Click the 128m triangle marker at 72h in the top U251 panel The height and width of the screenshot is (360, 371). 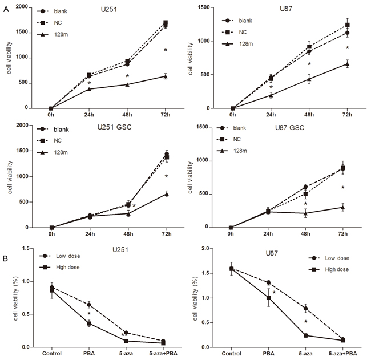[166, 76]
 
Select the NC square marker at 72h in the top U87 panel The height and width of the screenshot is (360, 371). [346, 25]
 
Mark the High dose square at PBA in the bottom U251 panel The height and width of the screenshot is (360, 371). [88, 323]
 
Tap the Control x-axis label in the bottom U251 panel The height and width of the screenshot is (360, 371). [51, 353]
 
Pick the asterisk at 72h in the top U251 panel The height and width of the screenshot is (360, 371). [166, 50]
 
